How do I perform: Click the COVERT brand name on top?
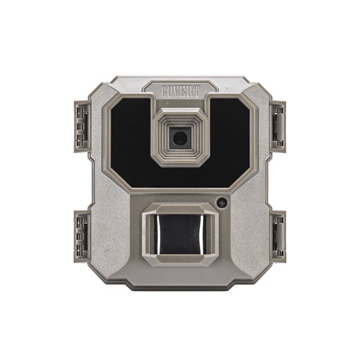pyautogui.click(x=180, y=88)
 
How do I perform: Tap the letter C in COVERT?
pyautogui.click(x=166, y=89)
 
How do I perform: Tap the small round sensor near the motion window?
pyautogui.click(x=222, y=202)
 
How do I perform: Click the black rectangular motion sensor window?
pyautogui.click(x=180, y=236)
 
